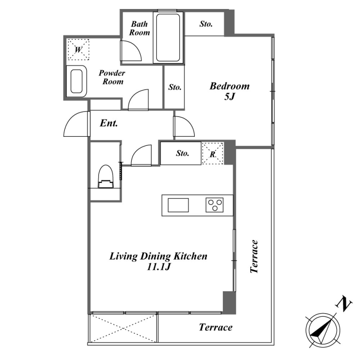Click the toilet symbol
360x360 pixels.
106,176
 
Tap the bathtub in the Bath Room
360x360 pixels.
168,37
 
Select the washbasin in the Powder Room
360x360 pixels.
76,81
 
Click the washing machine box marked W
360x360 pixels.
78,49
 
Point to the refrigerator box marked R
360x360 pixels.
212,153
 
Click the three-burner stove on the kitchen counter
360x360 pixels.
215,205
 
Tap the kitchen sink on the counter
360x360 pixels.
178,205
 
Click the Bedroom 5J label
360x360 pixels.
229,91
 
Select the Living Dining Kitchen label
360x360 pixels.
158,261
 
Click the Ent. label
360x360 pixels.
109,123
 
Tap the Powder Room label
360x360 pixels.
112,77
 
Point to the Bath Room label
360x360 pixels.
139,28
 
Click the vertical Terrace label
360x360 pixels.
254,256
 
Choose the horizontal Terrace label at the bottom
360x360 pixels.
216,327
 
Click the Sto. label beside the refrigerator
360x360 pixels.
183,153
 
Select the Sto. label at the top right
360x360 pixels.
206,24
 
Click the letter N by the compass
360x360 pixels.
344,304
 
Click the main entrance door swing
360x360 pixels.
76,124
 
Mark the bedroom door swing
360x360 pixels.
184,126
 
